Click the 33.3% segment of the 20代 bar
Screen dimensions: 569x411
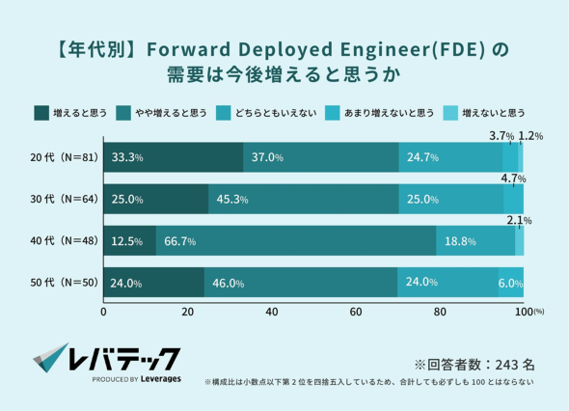(x=174, y=157)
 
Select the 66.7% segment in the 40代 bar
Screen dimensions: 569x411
(x=296, y=240)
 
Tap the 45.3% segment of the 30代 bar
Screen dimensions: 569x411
(x=304, y=199)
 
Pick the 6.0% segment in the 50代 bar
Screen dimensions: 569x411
(x=511, y=282)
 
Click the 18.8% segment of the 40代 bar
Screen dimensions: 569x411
(x=475, y=240)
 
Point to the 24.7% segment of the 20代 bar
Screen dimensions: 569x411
(x=450, y=157)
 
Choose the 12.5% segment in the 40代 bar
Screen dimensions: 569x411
(x=130, y=240)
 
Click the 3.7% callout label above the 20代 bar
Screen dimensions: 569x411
(x=501, y=136)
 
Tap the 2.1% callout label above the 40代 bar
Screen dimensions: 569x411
(x=519, y=220)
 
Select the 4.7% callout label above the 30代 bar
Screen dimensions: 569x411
(x=513, y=178)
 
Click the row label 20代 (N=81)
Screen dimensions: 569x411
(x=65, y=157)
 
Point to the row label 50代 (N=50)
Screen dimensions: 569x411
(x=65, y=283)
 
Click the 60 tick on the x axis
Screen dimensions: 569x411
(x=356, y=312)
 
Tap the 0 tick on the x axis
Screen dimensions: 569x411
(x=104, y=312)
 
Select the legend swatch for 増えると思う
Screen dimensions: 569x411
(x=41, y=113)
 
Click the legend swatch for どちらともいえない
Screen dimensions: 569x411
(x=223, y=113)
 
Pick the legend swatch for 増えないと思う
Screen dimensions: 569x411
(x=450, y=113)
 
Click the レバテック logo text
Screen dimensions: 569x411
(x=124, y=359)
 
